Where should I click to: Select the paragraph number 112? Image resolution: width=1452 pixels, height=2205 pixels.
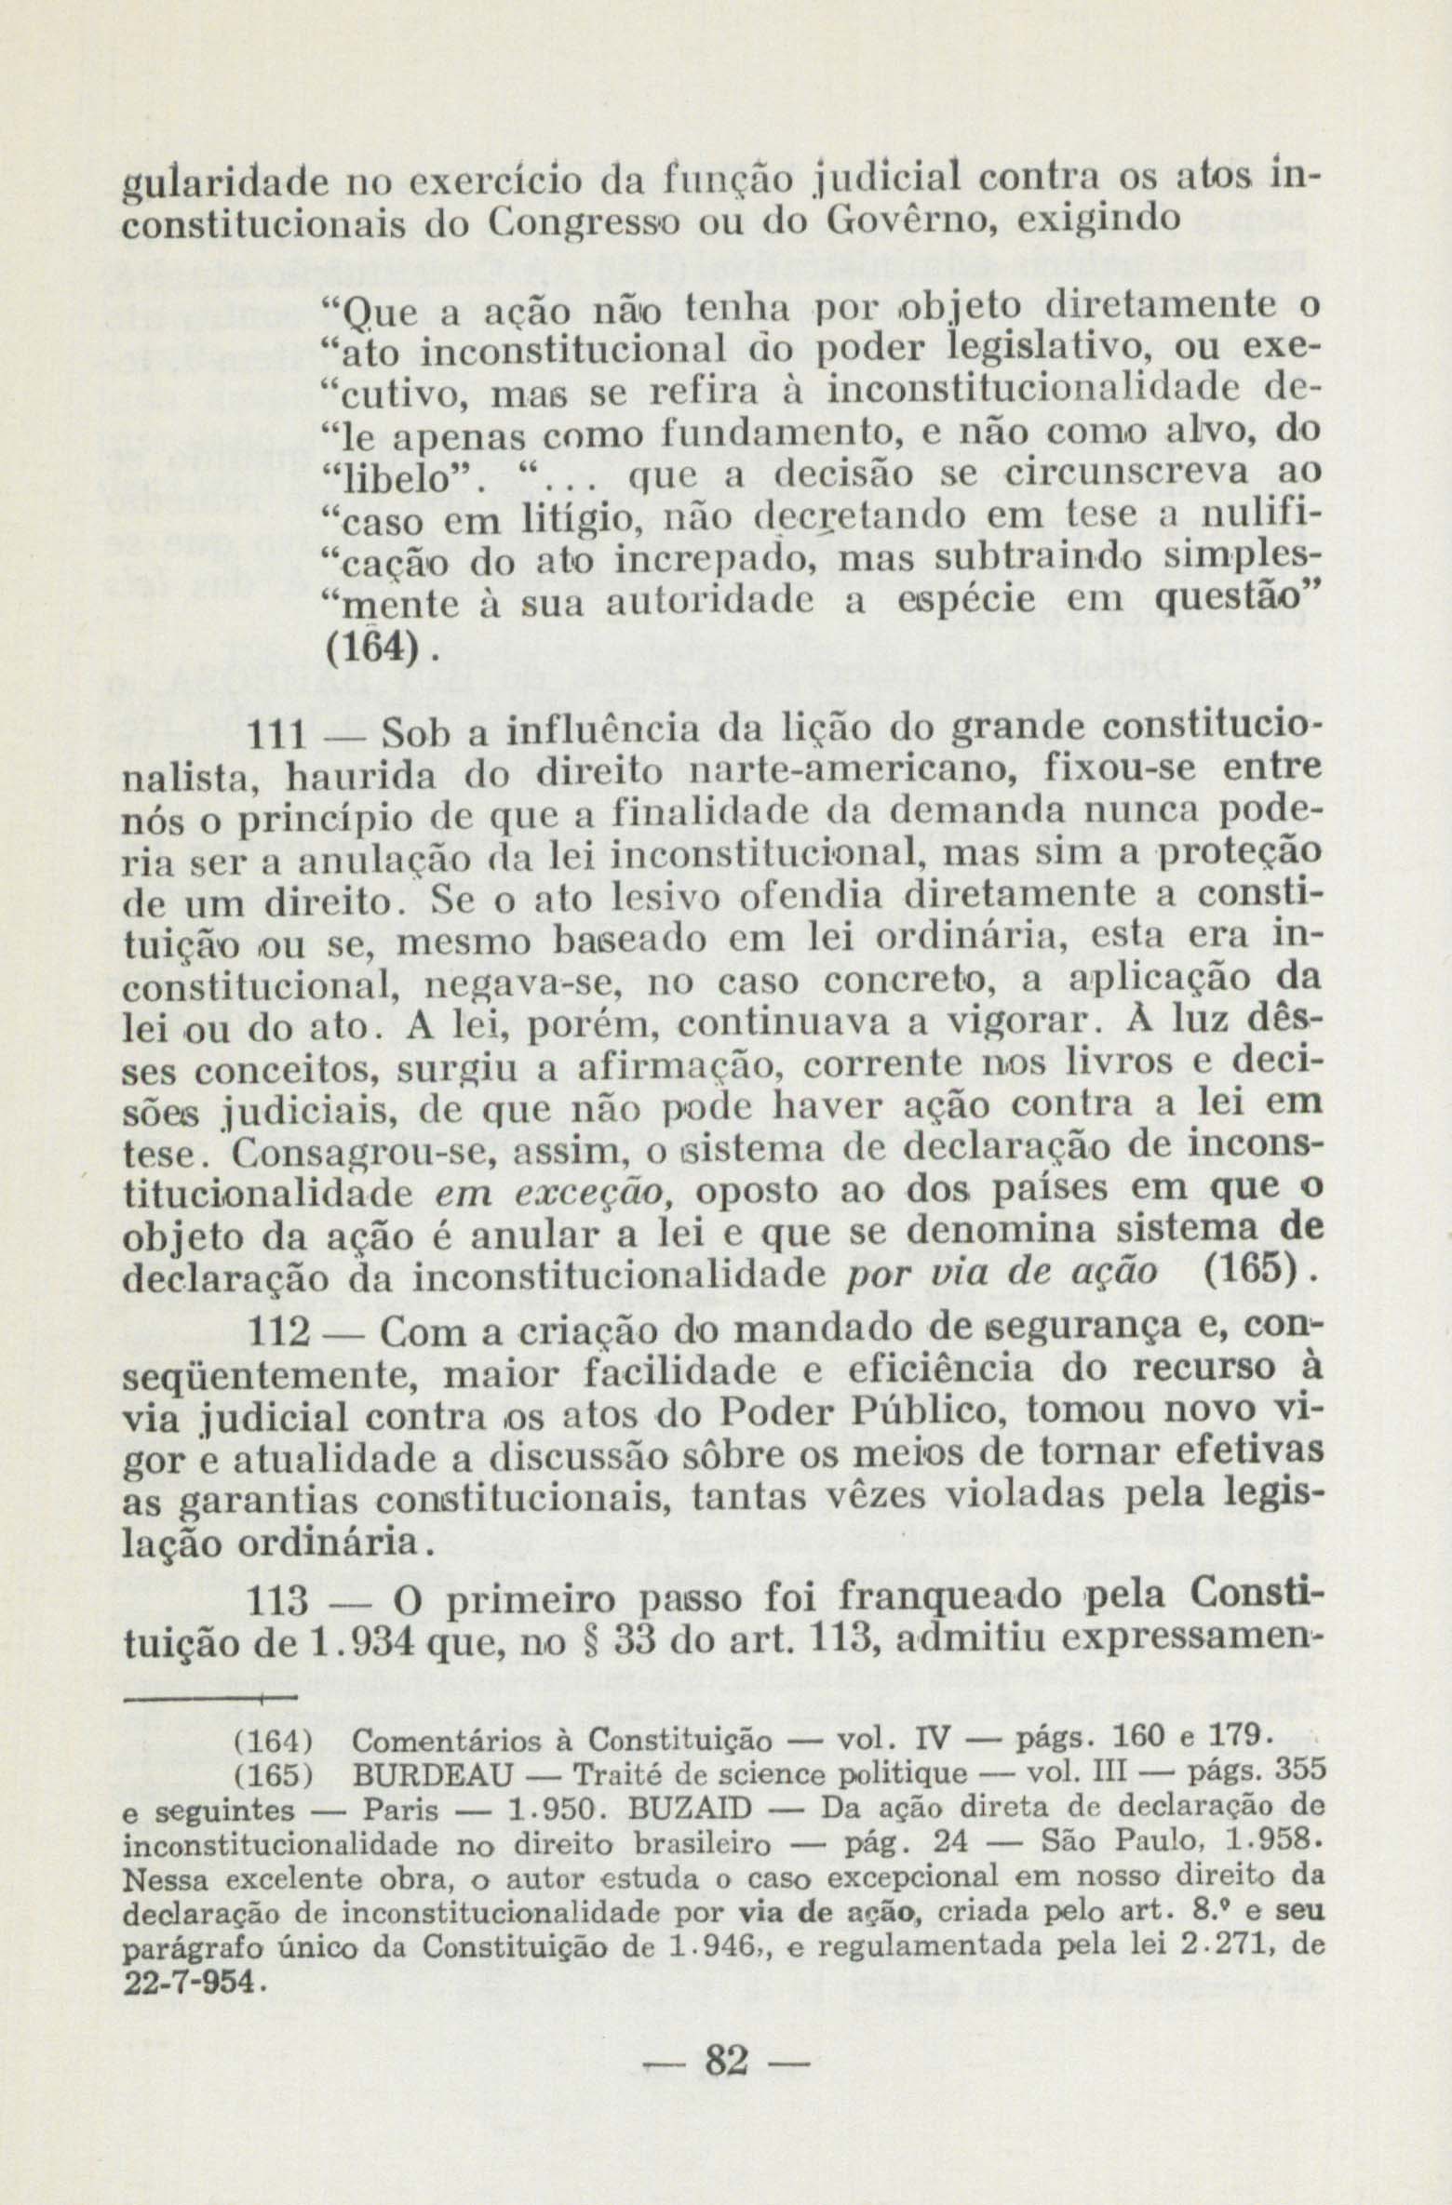tap(280, 1336)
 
